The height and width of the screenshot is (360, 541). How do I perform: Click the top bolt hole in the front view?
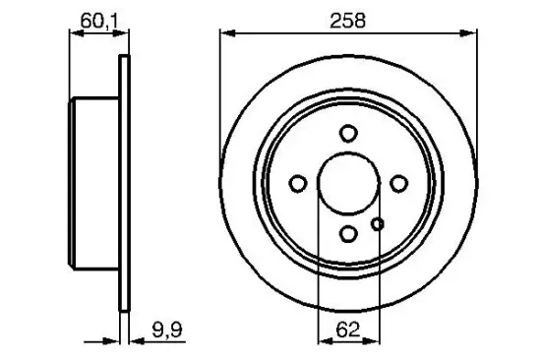347,134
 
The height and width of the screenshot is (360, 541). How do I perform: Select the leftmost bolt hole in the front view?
298,183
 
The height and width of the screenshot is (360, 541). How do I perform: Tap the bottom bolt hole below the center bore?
347,233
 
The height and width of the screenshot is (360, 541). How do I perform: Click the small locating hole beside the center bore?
377,224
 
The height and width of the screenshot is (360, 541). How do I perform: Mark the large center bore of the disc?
347,183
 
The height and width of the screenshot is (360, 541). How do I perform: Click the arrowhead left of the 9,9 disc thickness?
112,341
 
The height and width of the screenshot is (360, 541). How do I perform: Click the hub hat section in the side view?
95,183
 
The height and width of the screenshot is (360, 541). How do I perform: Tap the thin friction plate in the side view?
123,183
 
